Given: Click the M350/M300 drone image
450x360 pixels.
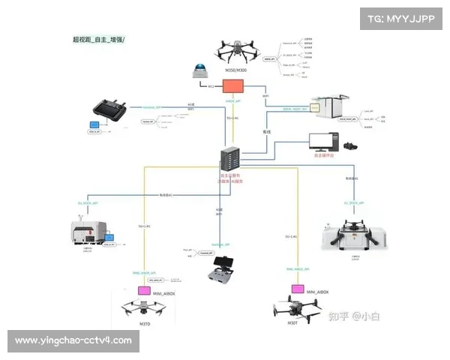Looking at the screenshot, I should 238,51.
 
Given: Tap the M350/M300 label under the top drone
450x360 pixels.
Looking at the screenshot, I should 236,70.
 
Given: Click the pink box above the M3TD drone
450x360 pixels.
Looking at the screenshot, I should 143,289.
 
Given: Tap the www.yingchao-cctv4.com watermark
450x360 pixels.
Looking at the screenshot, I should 73,340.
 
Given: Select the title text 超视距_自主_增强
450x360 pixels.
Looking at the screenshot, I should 98,38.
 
